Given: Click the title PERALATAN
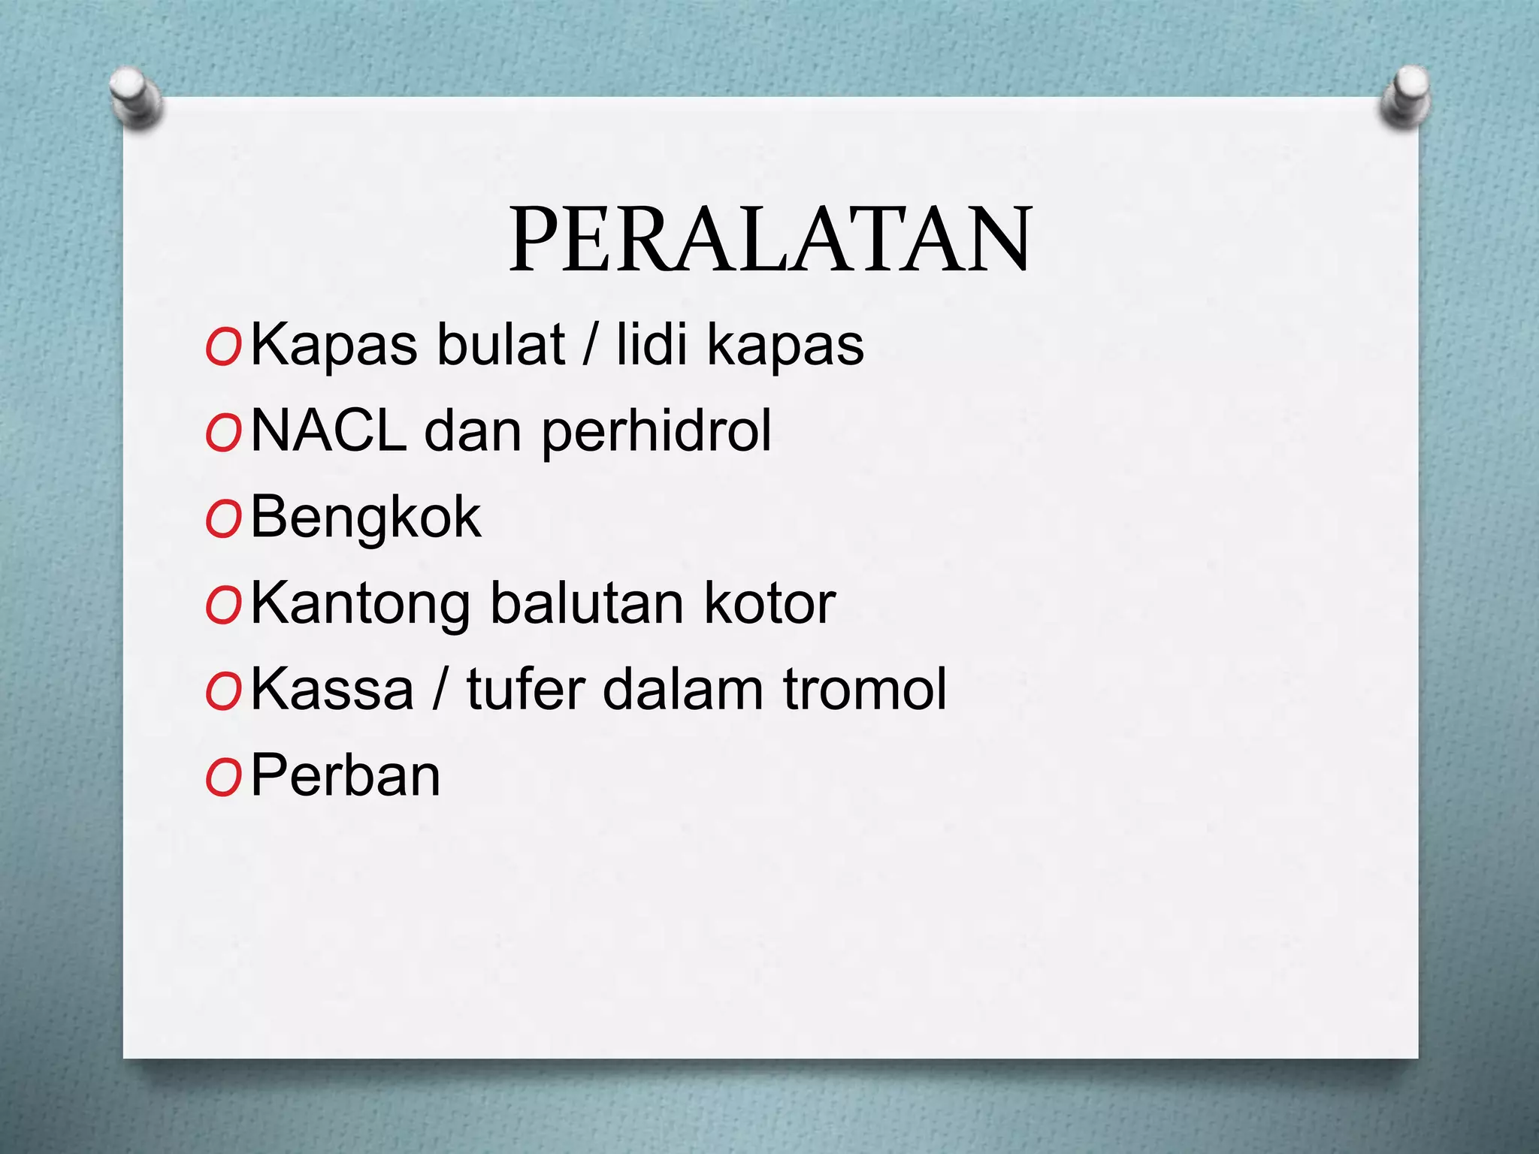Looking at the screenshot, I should pyautogui.click(x=770, y=239).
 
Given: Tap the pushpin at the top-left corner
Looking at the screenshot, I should pyautogui.click(x=135, y=98).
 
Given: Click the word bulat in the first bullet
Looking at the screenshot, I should pyautogui.click(x=500, y=345).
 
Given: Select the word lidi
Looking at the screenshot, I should pyautogui.click(x=652, y=345).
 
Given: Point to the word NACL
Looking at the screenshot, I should pyautogui.click(x=328, y=431).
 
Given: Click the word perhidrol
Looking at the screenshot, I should pyautogui.click(x=656, y=433).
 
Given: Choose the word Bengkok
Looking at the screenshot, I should pyautogui.click(x=365, y=518).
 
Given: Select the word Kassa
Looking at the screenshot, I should pyautogui.click(x=332, y=690).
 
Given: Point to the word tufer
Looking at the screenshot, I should pyautogui.click(x=525, y=689).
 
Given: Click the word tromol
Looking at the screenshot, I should pyautogui.click(x=865, y=689).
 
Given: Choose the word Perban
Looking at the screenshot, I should pyautogui.click(x=345, y=775).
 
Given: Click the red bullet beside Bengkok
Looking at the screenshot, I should pyautogui.click(x=222, y=521).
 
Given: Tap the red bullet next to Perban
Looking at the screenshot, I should pyautogui.click(x=222, y=778).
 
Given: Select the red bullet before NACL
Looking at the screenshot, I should pyautogui.click(x=222, y=434).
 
